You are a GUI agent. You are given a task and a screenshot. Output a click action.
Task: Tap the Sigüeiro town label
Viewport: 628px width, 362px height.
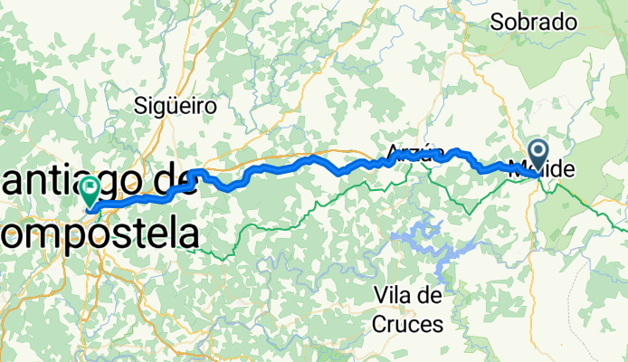pyautogui.click(x=176, y=106)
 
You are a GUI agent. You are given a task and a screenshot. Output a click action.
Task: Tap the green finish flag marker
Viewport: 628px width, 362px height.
pyautogui.click(x=90, y=191)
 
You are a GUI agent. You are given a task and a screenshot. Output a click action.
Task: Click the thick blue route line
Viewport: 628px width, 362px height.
pyautogui.click(x=271, y=167)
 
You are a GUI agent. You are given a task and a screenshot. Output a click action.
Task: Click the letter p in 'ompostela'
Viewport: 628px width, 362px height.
pyautogui.click(x=70, y=235)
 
